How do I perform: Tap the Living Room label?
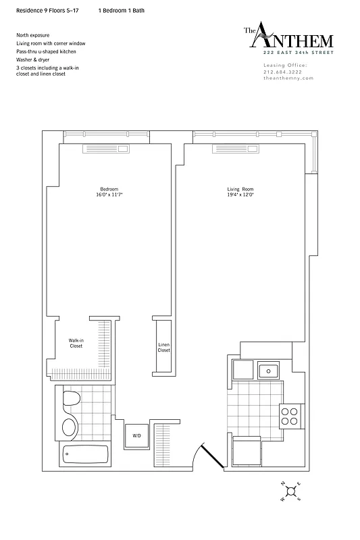(x=240, y=188)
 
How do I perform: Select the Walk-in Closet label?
(x=76, y=343)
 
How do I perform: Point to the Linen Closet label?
(x=163, y=347)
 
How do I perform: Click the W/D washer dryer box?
(x=136, y=435)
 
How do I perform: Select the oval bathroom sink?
(x=69, y=427)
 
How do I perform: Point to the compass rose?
(x=290, y=491)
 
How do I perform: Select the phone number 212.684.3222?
(x=284, y=72)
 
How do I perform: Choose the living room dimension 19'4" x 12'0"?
(x=240, y=195)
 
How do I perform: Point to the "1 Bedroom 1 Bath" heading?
(x=121, y=11)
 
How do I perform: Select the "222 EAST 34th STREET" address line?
(x=291, y=52)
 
